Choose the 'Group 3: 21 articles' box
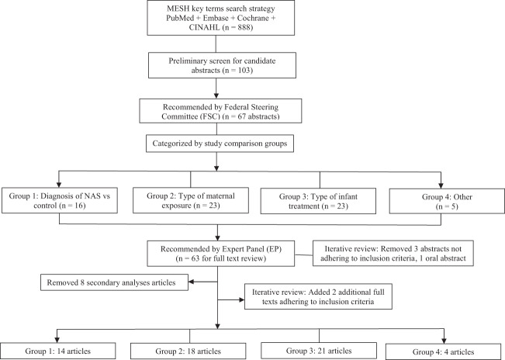[320, 344]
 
